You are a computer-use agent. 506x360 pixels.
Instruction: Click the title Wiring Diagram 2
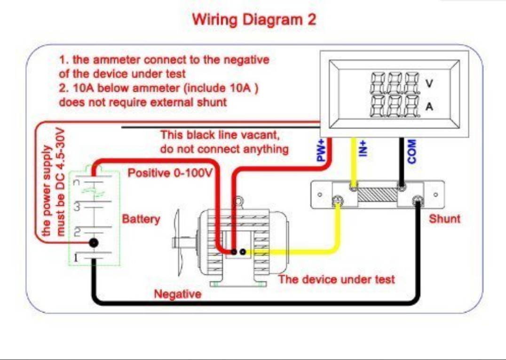point(254,20)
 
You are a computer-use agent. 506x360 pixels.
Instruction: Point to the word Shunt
point(444,219)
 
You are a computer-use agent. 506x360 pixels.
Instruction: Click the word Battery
point(141,219)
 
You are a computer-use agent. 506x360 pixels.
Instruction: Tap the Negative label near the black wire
point(178,295)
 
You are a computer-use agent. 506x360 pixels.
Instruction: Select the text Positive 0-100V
point(171,173)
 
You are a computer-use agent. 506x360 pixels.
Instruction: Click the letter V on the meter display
point(429,83)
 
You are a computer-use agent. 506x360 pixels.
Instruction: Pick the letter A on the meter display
point(429,107)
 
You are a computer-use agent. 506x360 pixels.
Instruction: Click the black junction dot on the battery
point(94,242)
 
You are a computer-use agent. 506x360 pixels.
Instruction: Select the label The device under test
point(336,280)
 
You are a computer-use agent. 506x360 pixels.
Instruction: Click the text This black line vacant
point(220,136)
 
